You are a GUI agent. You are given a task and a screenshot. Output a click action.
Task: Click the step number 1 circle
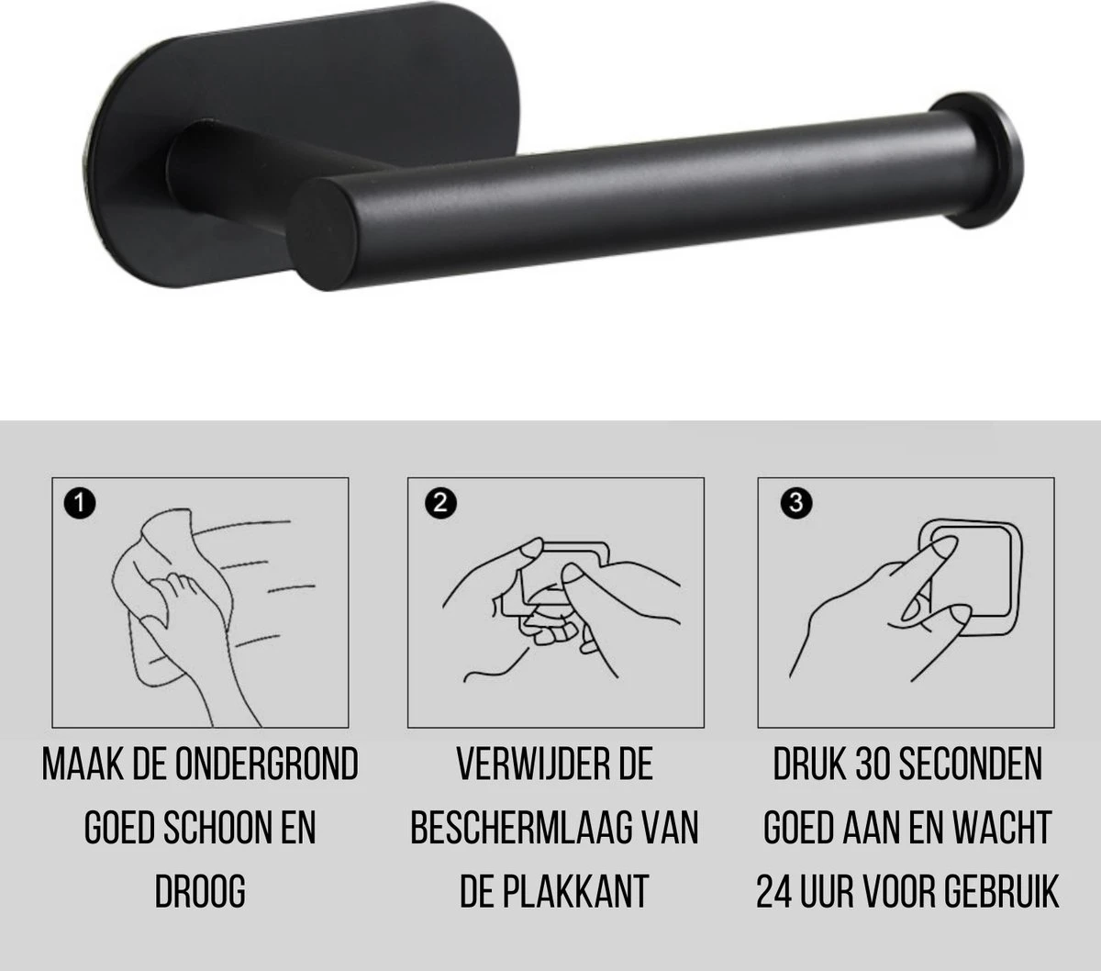pyautogui.click(x=79, y=503)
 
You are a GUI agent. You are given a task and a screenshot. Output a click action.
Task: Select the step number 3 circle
pyautogui.click(x=795, y=503)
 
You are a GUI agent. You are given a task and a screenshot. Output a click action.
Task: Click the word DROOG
pyautogui.click(x=199, y=891)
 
